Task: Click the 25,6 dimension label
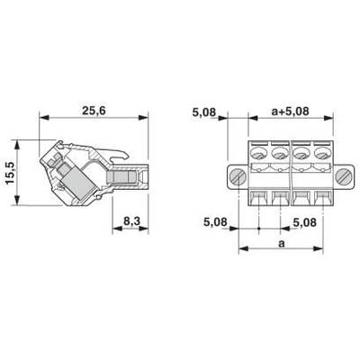coord(94,111)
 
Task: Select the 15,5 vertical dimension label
coord(11,173)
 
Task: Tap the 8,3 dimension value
coord(132,221)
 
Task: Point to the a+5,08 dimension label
coord(290,112)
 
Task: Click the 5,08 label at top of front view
coord(204,112)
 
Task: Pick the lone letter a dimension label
coord(281,244)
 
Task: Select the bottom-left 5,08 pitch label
coord(215,222)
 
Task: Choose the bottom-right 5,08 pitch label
coord(304,222)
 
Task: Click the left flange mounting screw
coord(238,176)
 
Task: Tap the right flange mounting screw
coord(343,176)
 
